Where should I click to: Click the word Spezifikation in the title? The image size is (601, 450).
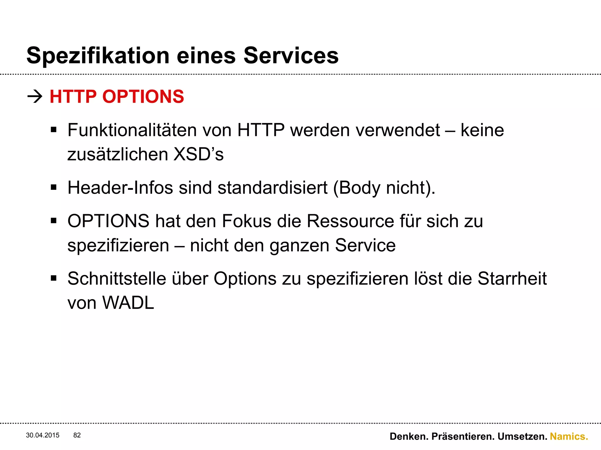[98, 56]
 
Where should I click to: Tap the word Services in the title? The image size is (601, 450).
[291, 56]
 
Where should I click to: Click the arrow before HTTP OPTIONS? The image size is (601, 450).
[35, 97]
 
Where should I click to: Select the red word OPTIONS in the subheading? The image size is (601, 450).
[143, 97]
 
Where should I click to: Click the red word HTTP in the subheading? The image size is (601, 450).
[73, 97]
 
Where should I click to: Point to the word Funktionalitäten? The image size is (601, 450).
[132, 130]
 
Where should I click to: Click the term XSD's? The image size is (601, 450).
[198, 154]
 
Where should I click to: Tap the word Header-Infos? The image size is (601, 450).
[120, 187]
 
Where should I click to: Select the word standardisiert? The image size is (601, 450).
[272, 187]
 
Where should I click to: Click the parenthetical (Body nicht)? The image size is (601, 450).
[384, 188]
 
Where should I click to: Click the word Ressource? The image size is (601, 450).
[350, 221]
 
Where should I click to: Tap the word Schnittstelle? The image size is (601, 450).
[117, 278]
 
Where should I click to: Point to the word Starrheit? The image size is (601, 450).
[512, 278]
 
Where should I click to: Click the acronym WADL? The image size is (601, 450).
[128, 303]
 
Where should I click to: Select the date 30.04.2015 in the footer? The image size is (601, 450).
[43, 435]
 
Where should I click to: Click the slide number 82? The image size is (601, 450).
[77, 435]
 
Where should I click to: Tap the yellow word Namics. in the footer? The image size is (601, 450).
[569, 437]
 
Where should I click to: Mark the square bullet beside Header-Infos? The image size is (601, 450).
[53, 187]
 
